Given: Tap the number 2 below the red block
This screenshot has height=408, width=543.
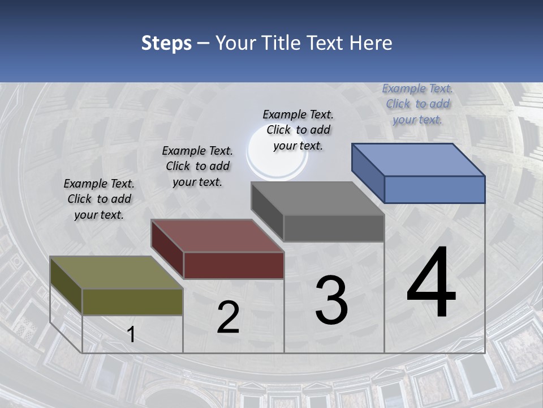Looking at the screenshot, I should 229,317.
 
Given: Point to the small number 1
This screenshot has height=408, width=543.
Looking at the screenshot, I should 131,335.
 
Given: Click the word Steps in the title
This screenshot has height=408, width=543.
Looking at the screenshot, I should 166,43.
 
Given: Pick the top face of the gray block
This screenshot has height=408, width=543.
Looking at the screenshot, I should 318,198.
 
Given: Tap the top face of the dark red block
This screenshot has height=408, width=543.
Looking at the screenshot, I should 217,236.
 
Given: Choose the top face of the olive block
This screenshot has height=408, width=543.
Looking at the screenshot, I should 117,273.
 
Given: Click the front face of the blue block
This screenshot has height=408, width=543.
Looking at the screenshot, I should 434,189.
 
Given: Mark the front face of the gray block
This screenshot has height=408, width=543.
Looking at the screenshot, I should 334,228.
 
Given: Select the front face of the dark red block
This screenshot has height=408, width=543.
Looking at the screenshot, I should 234,265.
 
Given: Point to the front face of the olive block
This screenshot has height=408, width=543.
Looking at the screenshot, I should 132,301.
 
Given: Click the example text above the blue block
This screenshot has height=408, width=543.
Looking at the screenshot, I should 417,104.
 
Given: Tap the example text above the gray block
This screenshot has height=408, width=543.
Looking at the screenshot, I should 298,130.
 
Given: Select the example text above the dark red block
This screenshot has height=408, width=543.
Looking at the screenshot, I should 197,166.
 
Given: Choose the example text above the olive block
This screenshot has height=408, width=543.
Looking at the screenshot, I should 99,199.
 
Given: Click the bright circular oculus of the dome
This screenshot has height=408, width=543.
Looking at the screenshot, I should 277,161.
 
